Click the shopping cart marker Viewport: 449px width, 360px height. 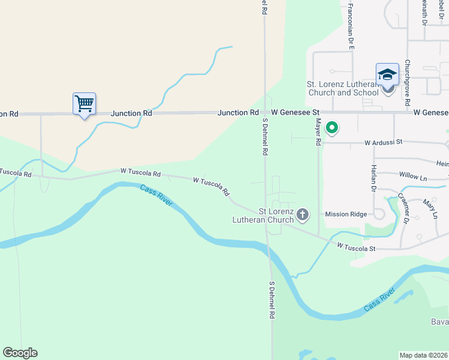84,104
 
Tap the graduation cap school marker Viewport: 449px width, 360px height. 387,76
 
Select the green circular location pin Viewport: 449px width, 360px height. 331,128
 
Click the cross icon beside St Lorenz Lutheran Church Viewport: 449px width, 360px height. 303,214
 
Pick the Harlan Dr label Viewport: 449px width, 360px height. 373,178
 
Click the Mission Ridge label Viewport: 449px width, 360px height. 345,214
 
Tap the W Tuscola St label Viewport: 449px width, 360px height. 356,247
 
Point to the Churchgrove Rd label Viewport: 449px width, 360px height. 407,83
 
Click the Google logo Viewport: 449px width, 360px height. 20,353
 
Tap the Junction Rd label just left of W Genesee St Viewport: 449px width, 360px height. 238,112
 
